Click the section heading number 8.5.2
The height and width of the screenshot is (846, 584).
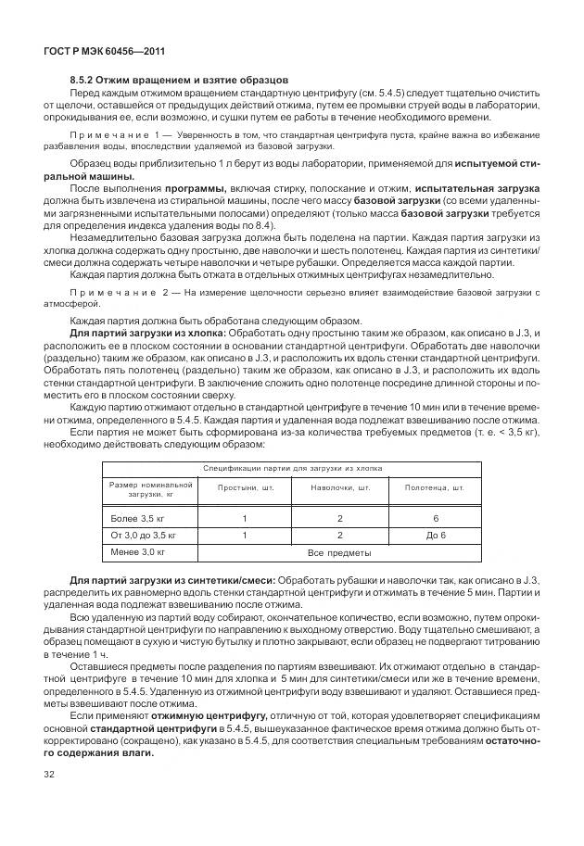point(83,81)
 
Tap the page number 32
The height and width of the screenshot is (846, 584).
point(47,772)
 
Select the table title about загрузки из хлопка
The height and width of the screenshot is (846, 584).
point(292,469)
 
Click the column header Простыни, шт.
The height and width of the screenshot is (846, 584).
point(244,488)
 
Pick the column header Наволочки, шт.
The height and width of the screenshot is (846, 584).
point(339,488)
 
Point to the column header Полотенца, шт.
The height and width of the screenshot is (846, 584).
point(436,488)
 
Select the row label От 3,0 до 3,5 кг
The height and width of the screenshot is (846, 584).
point(144,536)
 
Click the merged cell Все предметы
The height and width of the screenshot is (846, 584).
point(339,553)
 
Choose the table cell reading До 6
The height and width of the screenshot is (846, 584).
point(436,536)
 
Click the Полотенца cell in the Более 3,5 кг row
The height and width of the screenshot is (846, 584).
point(436,518)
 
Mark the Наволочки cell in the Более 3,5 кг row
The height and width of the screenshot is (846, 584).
point(339,518)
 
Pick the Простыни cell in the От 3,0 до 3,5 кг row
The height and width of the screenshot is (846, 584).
point(244,536)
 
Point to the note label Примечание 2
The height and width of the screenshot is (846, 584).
point(112,292)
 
